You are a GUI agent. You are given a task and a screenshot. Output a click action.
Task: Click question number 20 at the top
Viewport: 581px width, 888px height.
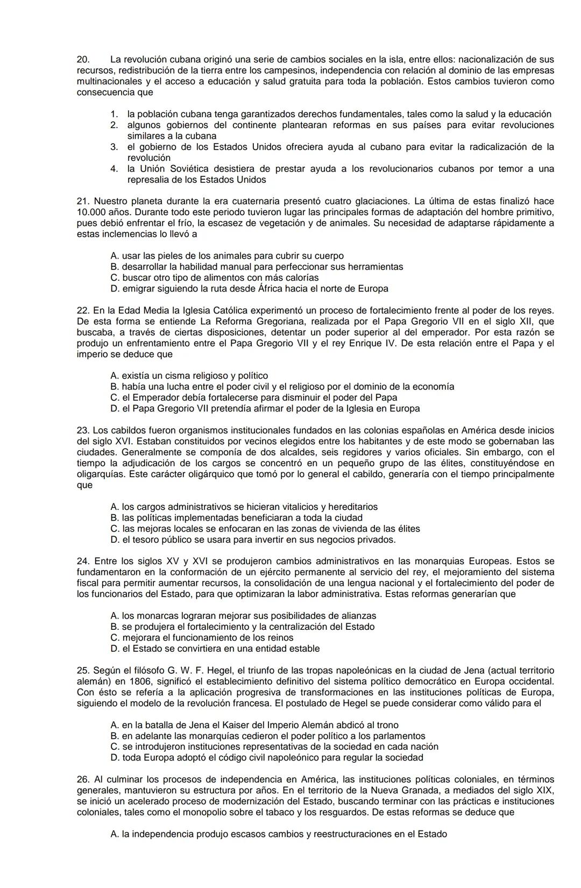(x=83, y=59)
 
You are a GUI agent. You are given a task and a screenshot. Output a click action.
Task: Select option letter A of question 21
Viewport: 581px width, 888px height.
(x=115, y=256)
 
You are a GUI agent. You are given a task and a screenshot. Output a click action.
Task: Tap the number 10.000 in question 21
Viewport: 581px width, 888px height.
(x=90, y=212)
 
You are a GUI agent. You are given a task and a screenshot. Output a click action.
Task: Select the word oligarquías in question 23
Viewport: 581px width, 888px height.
(x=100, y=474)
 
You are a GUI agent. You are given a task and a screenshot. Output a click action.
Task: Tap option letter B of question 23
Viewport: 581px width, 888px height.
(x=115, y=517)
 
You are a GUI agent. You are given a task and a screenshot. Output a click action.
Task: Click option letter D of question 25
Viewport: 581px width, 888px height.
(x=115, y=757)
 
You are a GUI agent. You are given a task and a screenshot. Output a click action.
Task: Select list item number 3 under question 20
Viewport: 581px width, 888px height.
(x=114, y=147)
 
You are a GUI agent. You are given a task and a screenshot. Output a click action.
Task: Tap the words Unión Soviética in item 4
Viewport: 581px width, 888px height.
(x=170, y=168)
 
